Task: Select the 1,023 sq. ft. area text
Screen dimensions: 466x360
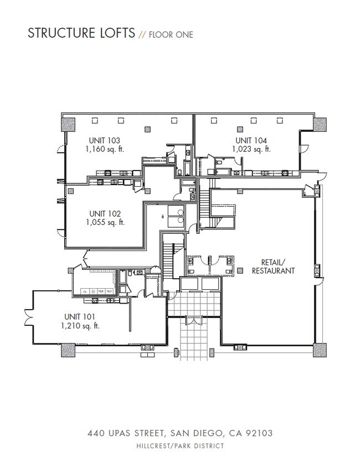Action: pyautogui.click(x=252, y=149)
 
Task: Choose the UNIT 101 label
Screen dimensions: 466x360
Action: pyautogui.click(x=79, y=317)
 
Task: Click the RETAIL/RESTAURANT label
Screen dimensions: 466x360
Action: pyautogui.click(x=272, y=267)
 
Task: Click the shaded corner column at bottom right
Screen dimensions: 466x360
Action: pyautogui.click(x=320, y=351)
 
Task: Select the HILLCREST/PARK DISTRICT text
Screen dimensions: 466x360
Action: pyautogui.click(x=180, y=445)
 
